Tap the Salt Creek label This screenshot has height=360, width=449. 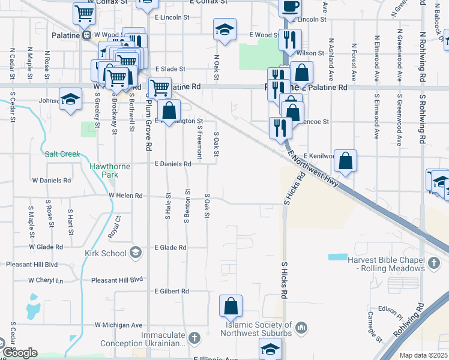click(62, 154)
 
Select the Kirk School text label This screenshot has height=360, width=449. click(105, 253)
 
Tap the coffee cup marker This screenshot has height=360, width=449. click(290, 7)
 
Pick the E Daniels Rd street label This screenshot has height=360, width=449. click(173, 163)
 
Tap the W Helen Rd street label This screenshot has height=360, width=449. click(125, 196)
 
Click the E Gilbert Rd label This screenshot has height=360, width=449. click(172, 291)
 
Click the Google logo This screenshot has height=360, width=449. click(20, 352)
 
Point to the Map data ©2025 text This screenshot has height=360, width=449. click(423, 355)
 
